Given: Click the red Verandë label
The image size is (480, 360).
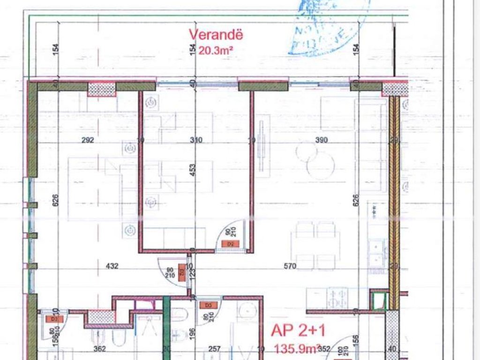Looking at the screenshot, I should click(x=216, y=35).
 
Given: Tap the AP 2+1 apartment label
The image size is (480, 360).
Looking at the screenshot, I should click(x=298, y=330).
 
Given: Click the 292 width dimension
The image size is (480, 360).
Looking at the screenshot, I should click(x=88, y=140).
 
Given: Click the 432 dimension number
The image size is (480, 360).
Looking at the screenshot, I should click(x=112, y=266).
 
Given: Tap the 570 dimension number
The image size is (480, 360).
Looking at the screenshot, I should click(x=290, y=266).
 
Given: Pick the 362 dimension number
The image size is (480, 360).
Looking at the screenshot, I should click(x=99, y=349).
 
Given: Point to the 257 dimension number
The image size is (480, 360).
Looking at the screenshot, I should click(x=214, y=349).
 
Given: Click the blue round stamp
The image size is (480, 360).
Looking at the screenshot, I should click(x=328, y=26).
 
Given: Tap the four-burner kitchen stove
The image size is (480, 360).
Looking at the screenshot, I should click(x=337, y=297).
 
